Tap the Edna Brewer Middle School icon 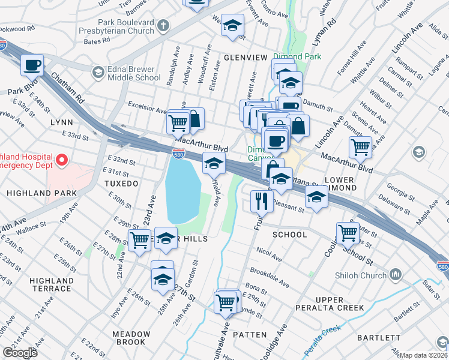[97, 73]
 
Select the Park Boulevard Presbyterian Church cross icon [164, 26]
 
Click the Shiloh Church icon [395, 275]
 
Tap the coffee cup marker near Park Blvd [32, 64]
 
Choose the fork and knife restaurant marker [262, 200]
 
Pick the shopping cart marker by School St [348, 232]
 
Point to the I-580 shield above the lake [178, 154]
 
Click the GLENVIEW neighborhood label [245, 57]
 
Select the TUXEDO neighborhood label [121, 182]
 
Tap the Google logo [20, 352]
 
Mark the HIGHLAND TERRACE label [52, 284]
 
